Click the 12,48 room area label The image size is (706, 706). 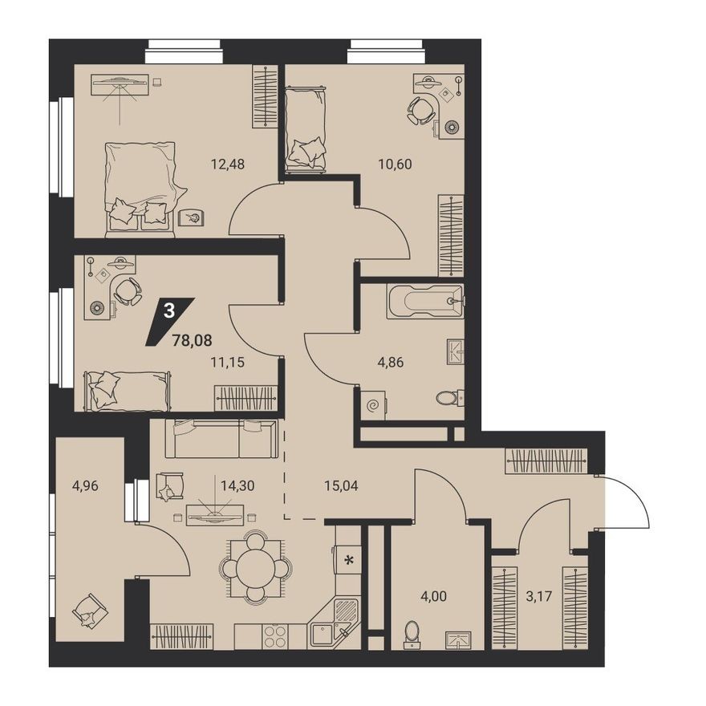tap(227, 164)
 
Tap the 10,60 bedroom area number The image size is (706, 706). tap(395, 164)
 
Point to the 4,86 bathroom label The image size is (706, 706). tap(391, 361)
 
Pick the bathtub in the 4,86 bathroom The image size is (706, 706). tap(424, 301)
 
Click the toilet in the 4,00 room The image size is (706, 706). tap(413, 633)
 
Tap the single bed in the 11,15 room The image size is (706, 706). tap(127, 390)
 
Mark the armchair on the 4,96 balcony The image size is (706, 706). tap(89, 611)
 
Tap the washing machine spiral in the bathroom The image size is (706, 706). tap(373, 406)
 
